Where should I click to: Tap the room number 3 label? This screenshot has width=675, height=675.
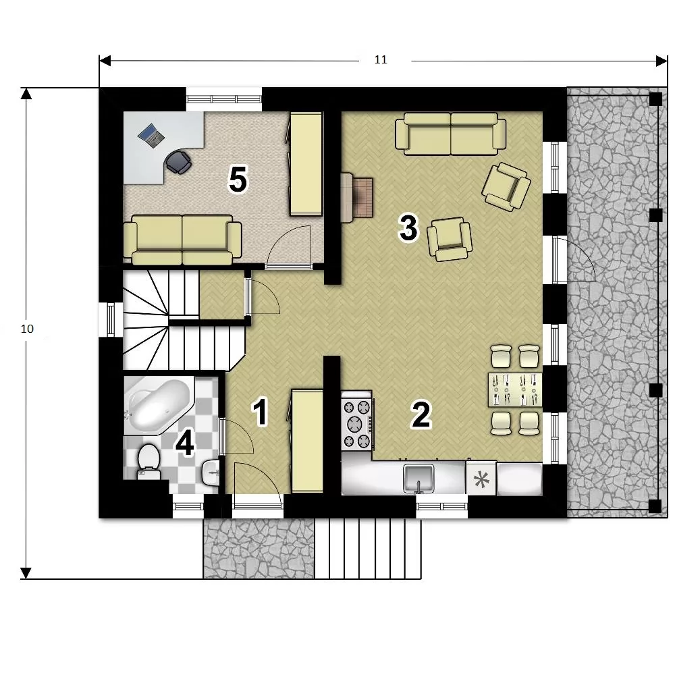tap(408, 227)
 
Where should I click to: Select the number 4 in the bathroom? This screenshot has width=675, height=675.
tap(185, 443)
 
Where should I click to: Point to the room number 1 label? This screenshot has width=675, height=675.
tap(261, 412)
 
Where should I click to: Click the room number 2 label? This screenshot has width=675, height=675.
tap(421, 414)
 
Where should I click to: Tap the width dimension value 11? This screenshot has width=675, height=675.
tap(381, 60)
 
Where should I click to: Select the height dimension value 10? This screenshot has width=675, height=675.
tap(27, 329)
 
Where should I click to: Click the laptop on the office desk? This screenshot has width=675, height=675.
tap(151, 136)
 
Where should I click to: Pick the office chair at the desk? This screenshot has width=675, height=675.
tap(178, 162)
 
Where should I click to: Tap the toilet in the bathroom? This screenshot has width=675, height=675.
tap(148, 462)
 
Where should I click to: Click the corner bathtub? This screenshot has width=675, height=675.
tap(159, 405)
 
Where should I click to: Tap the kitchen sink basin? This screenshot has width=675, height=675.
tap(418, 478)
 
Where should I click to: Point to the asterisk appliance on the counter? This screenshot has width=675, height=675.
tap(481, 479)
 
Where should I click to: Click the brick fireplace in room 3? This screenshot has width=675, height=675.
tap(357, 198)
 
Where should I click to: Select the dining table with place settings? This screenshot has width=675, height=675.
tap(515, 390)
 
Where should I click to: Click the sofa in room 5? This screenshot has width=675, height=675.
tap(182, 240)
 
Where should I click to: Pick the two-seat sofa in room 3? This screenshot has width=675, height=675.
tap(451, 134)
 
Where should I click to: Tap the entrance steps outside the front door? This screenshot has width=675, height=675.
tap(368, 548)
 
